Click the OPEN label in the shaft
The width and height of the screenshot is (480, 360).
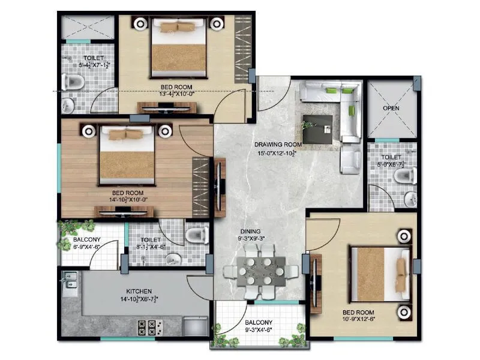[391, 109]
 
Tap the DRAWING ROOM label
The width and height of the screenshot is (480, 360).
[277, 145]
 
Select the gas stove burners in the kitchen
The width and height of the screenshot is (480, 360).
[148, 327]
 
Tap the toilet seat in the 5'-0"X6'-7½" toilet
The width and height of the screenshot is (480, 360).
[404, 176]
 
